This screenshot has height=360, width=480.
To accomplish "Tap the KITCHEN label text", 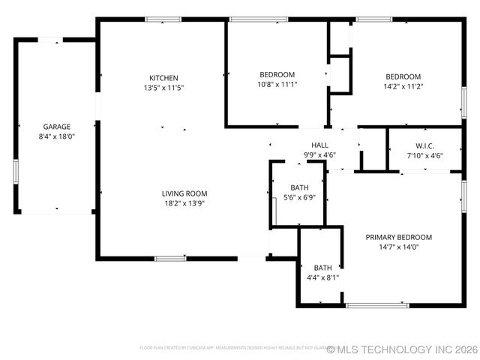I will [163, 78].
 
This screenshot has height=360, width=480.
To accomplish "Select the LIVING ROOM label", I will [184, 193].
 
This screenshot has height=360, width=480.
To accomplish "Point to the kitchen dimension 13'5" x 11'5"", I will [163, 88].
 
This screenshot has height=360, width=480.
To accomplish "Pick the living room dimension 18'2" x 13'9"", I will [184, 203].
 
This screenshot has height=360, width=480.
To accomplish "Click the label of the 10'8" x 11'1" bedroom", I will [277, 75].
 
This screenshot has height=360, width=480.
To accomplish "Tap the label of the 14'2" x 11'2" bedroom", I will [403, 76].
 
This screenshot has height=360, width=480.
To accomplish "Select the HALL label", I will [319, 145].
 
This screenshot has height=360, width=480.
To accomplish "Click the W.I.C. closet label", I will [425, 145].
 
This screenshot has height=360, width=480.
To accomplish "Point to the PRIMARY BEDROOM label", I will [398, 237].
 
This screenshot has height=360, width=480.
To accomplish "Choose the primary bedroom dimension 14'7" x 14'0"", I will [398, 247].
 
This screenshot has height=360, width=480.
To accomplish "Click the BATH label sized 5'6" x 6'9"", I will [299, 187].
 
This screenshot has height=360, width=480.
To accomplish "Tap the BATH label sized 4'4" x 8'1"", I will [322, 268].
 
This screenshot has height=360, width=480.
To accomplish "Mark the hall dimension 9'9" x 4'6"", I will [319, 155].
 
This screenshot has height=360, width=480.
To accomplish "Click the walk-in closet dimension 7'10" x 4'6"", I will [425, 155].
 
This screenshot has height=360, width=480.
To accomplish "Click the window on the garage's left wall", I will [15, 171].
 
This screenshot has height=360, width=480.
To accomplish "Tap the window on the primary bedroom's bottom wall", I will [377, 305].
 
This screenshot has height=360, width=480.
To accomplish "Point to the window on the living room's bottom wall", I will [170, 259].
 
